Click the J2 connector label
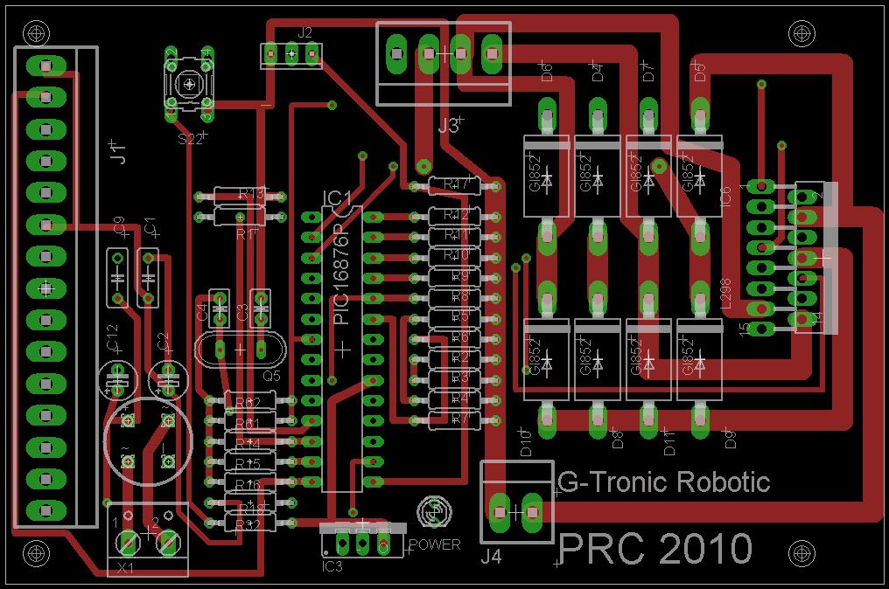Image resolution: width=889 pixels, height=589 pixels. [x=304, y=32]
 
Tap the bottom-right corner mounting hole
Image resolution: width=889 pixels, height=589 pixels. [x=801, y=554]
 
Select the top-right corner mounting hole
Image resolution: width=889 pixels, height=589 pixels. [x=801, y=32]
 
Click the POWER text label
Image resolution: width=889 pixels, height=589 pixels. [x=434, y=544]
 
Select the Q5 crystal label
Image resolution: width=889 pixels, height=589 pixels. [x=271, y=376]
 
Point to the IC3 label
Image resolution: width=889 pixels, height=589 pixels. [x=333, y=565]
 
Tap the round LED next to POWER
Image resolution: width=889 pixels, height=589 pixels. [x=434, y=510]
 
